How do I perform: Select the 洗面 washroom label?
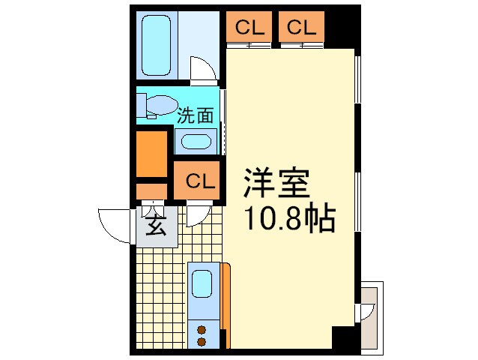pyautogui.click(x=196, y=116)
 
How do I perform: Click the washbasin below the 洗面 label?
pyautogui.click(x=196, y=142)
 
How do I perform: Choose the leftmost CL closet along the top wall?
pyautogui.click(x=251, y=28)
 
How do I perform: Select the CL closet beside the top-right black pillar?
pyautogui.click(x=301, y=28)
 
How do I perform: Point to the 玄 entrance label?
pyautogui.click(x=155, y=225)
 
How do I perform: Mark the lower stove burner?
pyautogui.click(x=201, y=341)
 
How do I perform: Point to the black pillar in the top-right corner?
pyautogui.click(x=343, y=28)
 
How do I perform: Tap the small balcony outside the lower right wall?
pyautogui.click(x=370, y=316)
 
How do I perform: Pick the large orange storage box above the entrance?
pyautogui.click(x=152, y=154)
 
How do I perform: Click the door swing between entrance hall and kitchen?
pyautogui.click(x=196, y=215)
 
